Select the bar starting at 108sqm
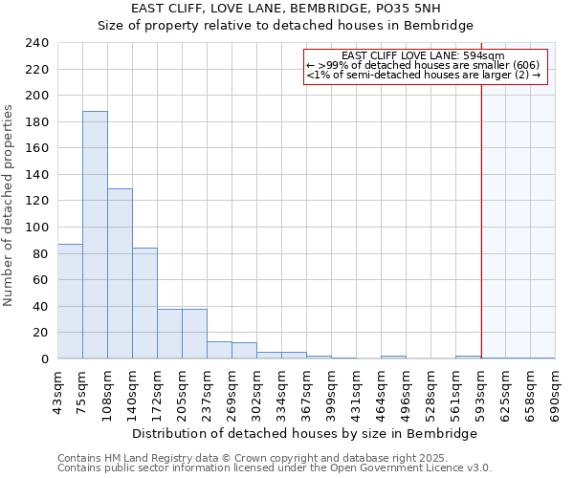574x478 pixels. click(120, 273)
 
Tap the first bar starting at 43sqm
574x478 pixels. click(70, 301)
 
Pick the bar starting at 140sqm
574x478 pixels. click(144, 303)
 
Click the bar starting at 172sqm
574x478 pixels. click(169, 334)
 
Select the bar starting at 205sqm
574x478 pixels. click(194, 334)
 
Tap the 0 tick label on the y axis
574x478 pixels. click(44, 359)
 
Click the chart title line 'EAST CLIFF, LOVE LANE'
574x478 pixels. click(287, 9)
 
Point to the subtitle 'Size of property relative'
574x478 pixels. click(287, 26)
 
